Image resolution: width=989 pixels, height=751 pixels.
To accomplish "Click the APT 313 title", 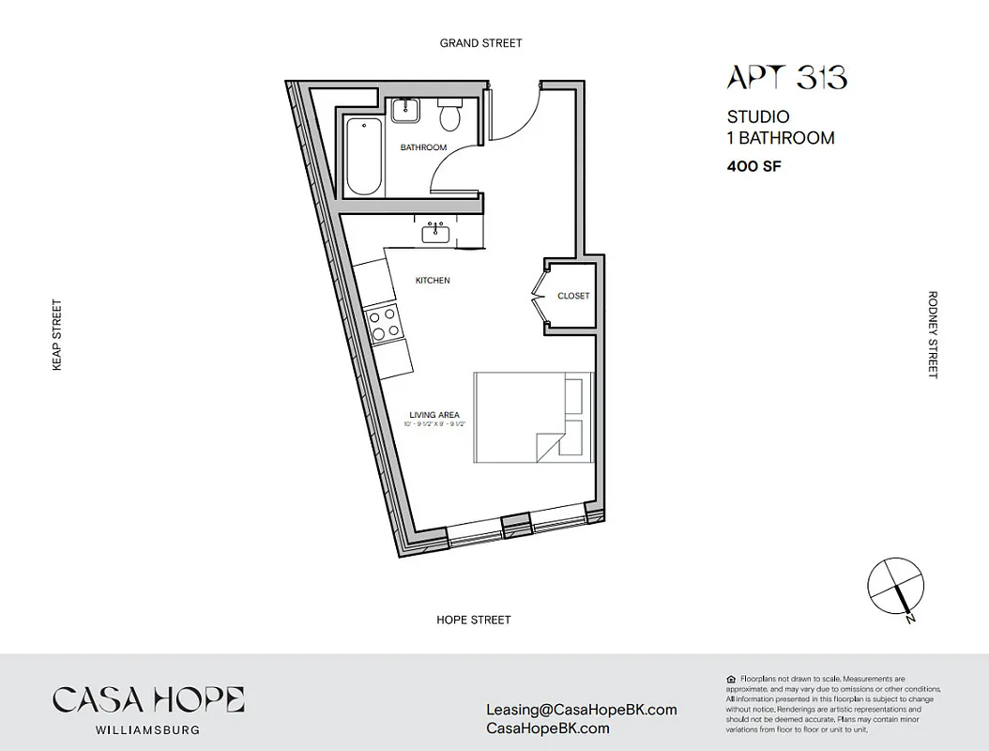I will (786, 78).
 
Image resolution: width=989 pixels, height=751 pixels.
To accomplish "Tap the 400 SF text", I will (754, 167).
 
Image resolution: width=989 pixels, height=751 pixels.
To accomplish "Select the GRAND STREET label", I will (481, 43).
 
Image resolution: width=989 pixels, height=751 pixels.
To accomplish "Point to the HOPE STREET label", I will (474, 620).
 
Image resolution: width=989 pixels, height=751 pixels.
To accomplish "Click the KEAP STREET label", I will (56, 335).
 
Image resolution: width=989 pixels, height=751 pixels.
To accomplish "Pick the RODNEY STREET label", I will (933, 334).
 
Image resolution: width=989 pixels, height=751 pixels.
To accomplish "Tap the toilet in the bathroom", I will (450, 114).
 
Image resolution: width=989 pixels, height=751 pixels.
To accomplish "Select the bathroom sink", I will (405, 109).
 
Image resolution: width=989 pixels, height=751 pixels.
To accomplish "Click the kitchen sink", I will (436, 232).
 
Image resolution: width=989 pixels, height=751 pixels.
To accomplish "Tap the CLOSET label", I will (573, 296).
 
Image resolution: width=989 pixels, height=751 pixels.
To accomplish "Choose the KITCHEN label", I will (433, 281).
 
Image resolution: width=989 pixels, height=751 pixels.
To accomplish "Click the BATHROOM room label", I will (423, 147).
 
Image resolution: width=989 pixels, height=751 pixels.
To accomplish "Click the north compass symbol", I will (896, 588).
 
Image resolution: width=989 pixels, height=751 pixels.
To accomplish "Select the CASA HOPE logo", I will (148, 700).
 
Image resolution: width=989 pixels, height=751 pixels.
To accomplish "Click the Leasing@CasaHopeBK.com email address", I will (581, 710).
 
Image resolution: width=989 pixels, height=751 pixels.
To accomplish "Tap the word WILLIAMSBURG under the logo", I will (148, 729).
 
